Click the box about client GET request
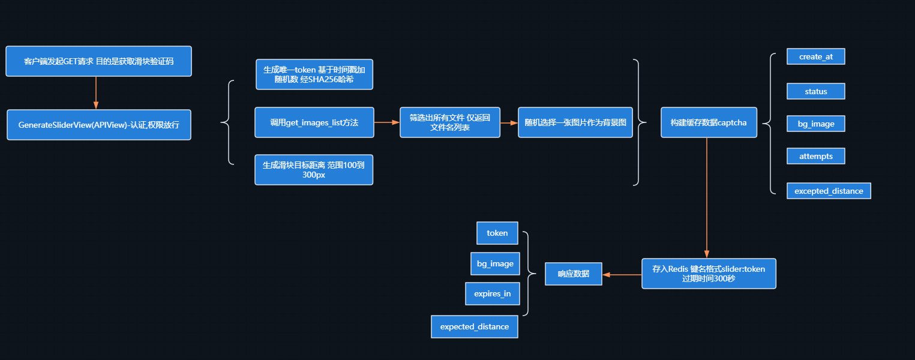(x=98, y=61)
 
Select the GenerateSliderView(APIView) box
(x=99, y=125)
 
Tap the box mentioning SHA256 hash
(x=314, y=74)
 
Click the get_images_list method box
(x=314, y=122)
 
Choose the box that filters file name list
(x=449, y=122)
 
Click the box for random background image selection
(x=575, y=122)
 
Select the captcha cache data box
(x=708, y=122)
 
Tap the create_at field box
(x=815, y=56)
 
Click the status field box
(x=815, y=91)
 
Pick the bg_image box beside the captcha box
(x=815, y=124)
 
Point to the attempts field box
(x=815, y=156)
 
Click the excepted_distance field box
(x=828, y=191)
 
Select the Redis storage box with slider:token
(x=708, y=274)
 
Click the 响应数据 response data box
(x=573, y=274)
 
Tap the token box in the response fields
(x=497, y=233)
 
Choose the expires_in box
(x=492, y=293)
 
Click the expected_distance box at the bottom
(x=474, y=326)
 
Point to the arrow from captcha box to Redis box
(x=707, y=198)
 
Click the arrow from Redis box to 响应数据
(x=622, y=274)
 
